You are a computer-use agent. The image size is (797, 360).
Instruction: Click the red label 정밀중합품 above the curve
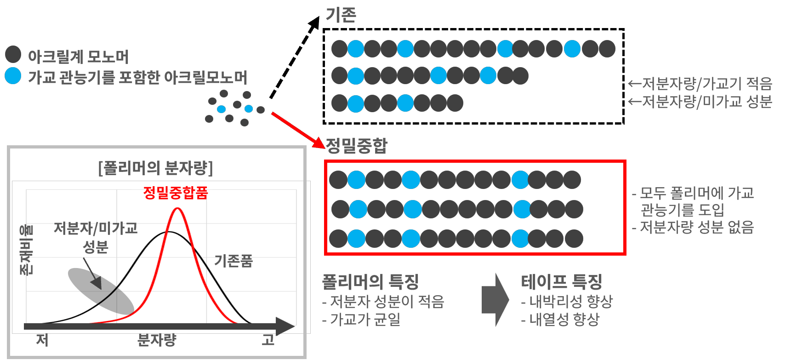(175, 192)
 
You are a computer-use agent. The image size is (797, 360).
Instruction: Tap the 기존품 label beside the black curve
(233, 261)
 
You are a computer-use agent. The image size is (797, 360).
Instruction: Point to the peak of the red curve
(177, 209)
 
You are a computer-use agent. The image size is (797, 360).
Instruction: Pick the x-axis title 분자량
(157, 340)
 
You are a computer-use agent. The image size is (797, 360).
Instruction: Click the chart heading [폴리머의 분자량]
(156, 168)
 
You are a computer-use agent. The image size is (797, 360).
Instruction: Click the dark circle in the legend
(13, 54)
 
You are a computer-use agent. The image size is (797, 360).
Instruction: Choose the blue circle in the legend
(13, 76)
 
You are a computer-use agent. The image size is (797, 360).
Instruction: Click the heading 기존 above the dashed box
(341, 15)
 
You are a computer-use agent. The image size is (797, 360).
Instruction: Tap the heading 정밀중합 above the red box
(357, 145)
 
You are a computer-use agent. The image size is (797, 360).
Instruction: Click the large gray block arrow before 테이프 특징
(495, 300)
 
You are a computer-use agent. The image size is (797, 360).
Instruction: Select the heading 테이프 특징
(561, 281)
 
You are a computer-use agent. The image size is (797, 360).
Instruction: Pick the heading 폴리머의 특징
(370, 281)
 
